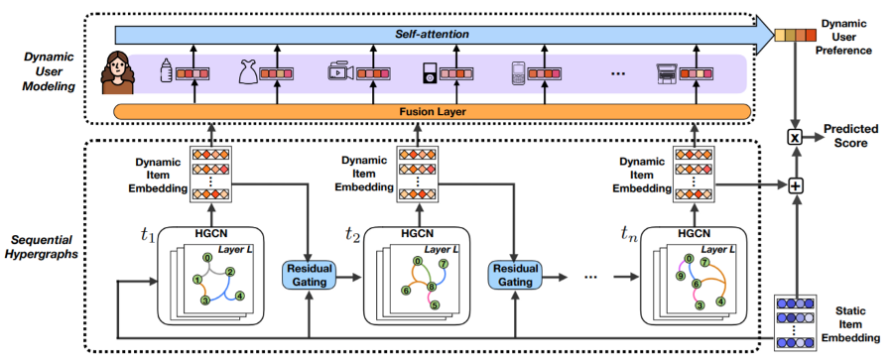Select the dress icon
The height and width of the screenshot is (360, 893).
[248, 71]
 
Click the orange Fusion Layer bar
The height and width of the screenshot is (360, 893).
[436, 111]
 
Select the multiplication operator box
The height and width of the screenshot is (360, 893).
[794, 136]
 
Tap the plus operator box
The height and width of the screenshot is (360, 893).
[794, 184]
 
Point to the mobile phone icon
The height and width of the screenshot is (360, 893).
[517, 72]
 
